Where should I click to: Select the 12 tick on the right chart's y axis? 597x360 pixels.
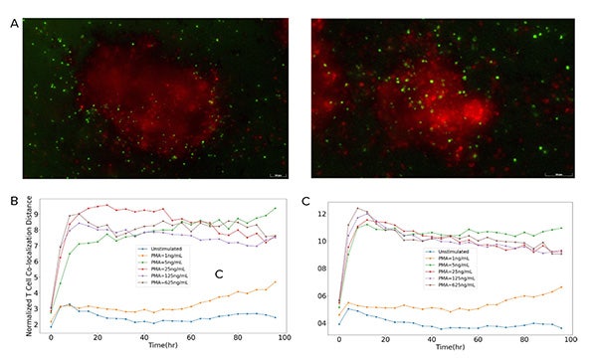coord(319,214)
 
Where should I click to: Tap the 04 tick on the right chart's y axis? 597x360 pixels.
coord(319,323)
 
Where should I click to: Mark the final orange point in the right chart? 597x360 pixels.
coord(561,287)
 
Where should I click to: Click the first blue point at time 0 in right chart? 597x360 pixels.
coord(339,323)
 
